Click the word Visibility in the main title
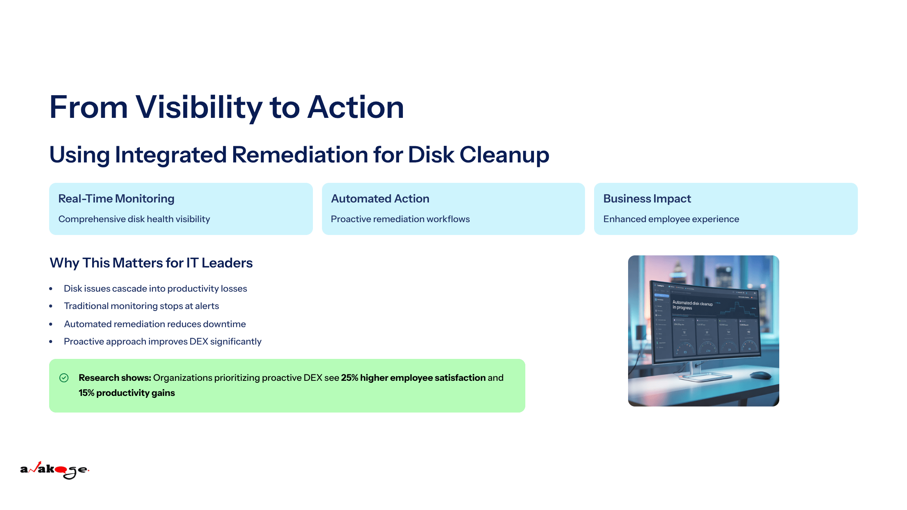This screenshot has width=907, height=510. tap(198, 108)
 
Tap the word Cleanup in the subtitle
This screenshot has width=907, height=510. tap(504, 155)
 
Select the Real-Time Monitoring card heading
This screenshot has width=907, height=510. tap(116, 199)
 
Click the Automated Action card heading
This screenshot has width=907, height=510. tap(380, 199)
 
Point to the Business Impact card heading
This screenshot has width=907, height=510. tap(647, 199)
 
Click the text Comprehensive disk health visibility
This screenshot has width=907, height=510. tap(134, 219)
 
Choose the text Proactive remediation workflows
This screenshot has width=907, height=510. tap(400, 219)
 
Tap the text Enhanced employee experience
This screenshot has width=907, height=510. tap(671, 219)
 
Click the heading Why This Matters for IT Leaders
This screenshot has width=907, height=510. tap(151, 263)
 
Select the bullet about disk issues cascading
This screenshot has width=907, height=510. tap(155, 289)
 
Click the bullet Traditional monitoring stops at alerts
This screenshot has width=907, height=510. tap(141, 306)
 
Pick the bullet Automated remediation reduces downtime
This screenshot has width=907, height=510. tap(155, 324)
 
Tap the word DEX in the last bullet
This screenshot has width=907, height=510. tap(199, 342)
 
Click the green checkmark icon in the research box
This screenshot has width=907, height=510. tap(64, 378)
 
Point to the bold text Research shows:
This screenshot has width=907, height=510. tap(115, 378)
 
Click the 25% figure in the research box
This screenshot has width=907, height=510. tap(349, 378)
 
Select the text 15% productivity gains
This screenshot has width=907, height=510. tap(127, 393)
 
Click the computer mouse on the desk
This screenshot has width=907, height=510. tap(760, 375)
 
